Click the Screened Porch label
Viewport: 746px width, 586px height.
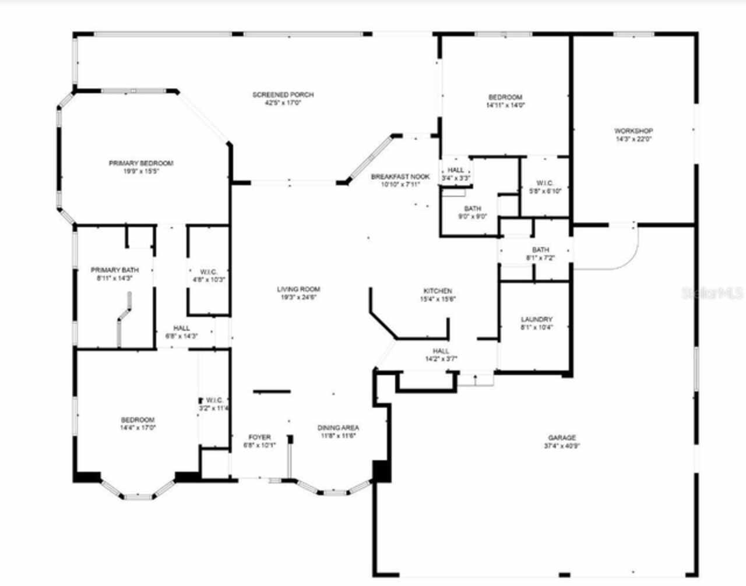(283, 95)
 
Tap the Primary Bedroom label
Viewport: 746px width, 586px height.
(141, 164)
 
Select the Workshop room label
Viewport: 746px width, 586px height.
(633, 131)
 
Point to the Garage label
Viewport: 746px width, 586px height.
(561, 438)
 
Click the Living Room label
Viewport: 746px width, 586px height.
(298, 290)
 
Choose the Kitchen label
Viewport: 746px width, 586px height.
(437, 291)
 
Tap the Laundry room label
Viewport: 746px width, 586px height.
(536, 320)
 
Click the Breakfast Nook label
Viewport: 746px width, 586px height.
(400, 177)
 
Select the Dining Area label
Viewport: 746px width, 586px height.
(338, 428)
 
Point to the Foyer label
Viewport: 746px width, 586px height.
(259, 437)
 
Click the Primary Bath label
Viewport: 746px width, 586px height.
(115, 270)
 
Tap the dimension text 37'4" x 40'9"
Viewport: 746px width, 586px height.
(561, 446)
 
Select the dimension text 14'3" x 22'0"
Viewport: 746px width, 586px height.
(633, 139)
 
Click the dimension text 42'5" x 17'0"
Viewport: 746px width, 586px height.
(283, 103)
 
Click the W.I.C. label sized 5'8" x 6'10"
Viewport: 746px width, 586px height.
(545, 183)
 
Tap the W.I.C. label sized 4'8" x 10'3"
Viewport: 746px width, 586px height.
(208, 272)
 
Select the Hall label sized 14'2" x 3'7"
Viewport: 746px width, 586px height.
(441, 351)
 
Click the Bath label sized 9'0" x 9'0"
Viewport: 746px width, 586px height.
(473, 209)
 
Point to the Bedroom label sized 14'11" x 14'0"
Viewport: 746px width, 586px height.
(505, 97)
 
